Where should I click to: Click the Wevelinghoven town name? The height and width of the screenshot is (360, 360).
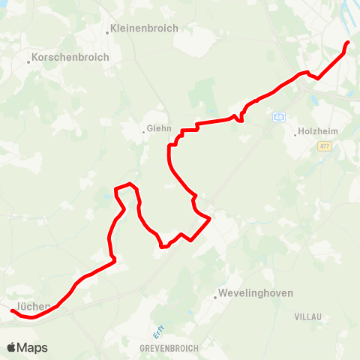point(256,293)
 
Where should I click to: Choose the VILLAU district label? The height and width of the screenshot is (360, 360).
point(307,317)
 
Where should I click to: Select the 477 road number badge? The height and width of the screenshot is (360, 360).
point(324,147)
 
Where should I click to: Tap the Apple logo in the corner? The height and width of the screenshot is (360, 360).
point(11,347)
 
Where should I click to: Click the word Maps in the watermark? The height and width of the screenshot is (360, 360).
point(33,347)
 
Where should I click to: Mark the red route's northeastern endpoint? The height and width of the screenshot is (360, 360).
point(348,42)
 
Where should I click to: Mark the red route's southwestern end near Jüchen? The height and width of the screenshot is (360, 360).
point(12,310)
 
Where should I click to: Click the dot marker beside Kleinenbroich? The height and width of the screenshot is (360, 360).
point(107,32)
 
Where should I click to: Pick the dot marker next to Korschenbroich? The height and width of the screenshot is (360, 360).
point(28,61)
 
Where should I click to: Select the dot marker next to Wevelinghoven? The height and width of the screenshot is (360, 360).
point(215,297)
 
